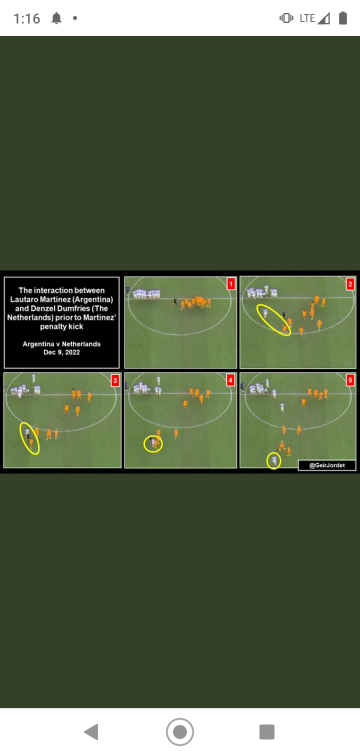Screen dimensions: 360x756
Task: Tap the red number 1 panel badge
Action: (231, 284)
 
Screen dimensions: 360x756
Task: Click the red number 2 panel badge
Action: (350, 284)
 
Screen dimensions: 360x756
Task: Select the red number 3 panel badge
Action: (115, 380)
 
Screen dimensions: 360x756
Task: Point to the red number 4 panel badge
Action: (230, 380)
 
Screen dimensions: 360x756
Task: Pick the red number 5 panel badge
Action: (350, 380)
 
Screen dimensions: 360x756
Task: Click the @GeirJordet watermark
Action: (327, 465)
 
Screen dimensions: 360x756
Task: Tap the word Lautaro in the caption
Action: (24, 299)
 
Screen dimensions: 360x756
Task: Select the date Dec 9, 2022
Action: (61, 352)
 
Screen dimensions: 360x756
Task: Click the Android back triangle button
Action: (91, 731)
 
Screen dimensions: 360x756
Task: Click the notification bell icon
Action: (56, 18)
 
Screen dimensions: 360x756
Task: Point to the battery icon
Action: (343, 18)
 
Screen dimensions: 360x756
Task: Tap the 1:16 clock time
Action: (26, 18)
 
